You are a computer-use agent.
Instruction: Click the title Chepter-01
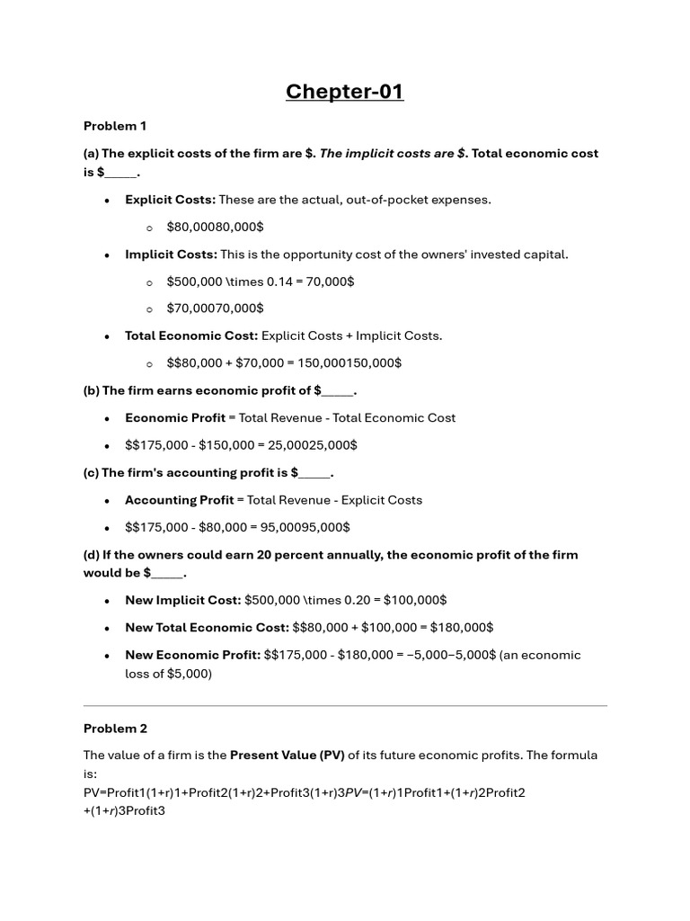click(345, 92)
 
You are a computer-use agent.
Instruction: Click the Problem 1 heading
click(115, 126)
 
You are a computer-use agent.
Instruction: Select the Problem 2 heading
click(115, 729)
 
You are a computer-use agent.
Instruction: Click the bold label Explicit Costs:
click(170, 200)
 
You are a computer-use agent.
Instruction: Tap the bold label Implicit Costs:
click(171, 255)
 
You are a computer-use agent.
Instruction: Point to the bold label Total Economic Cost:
click(191, 336)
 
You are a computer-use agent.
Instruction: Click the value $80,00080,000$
click(215, 227)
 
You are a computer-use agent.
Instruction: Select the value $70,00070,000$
click(215, 308)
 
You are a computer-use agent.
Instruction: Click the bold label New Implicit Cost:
click(182, 600)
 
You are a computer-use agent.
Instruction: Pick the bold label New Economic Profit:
click(192, 655)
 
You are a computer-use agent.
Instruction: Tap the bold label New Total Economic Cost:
click(207, 627)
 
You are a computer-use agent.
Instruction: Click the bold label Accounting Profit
click(179, 500)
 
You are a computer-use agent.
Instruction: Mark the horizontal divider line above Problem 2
click(345, 705)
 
